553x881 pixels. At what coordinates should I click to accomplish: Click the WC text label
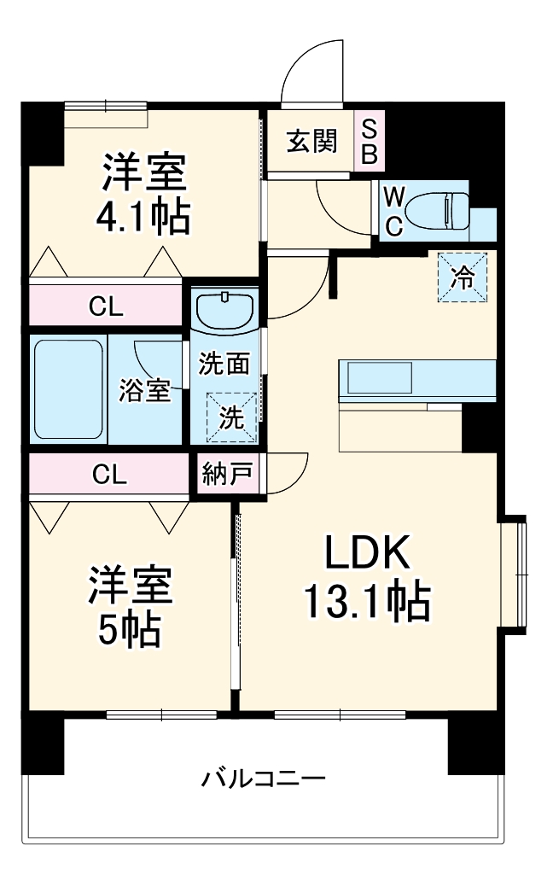pyautogui.click(x=393, y=211)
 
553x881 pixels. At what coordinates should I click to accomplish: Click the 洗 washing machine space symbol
pyautogui.click(x=232, y=417)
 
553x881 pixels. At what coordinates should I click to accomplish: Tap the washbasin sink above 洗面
pyautogui.click(x=225, y=309)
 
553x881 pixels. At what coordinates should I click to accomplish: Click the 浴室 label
pyautogui.click(x=143, y=391)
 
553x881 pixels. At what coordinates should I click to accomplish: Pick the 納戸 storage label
pyautogui.click(x=225, y=473)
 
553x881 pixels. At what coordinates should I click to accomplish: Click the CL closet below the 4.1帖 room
pyautogui.click(x=106, y=307)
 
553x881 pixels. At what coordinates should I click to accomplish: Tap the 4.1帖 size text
pyautogui.click(x=143, y=218)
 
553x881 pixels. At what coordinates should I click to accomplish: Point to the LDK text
pyautogui.click(x=367, y=554)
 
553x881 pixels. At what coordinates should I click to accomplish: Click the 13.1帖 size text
pyautogui.click(x=367, y=603)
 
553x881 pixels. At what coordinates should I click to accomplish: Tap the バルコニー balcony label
pyautogui.click(x=263, y=779)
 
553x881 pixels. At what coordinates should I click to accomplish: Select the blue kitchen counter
pyautogui.click(x=417, y=379)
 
